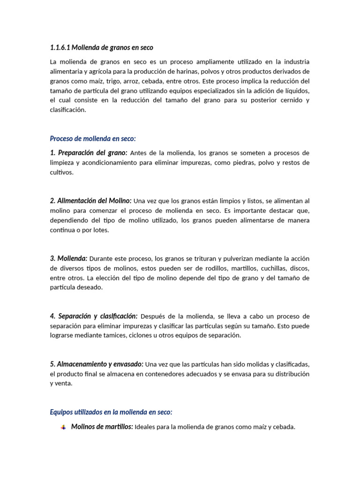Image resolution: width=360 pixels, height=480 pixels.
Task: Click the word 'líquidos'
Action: pos(296,90)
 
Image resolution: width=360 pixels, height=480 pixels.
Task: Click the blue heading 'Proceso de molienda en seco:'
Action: pos(92,138)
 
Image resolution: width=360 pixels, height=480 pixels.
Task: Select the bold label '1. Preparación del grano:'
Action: pos(89,153)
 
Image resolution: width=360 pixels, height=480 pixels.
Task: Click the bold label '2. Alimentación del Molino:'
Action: pos(91,201)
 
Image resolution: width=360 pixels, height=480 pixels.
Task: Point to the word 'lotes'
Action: pos(100,230)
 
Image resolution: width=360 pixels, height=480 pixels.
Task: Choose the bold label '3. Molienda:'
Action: pos(68,258)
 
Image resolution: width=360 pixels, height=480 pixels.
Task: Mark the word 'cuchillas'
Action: pos(272,268)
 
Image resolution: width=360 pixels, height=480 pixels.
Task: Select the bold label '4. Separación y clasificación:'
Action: pos(94,316)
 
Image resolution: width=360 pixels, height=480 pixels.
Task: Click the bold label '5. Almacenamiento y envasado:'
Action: pos(97,364)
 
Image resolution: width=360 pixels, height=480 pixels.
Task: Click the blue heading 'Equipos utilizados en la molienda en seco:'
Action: pos(111,412)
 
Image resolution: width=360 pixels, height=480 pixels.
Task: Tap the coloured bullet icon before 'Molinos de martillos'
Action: pos(63,427)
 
